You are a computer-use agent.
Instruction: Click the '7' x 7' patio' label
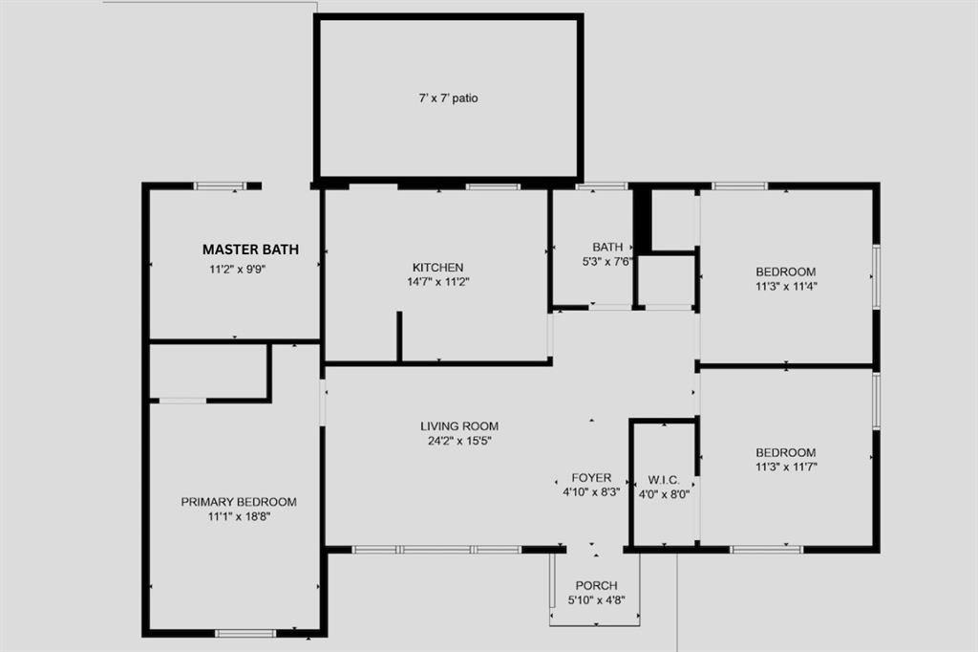point(448,98)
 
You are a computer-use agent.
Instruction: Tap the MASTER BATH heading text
point(250,250)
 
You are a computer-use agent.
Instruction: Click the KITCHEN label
point(437,268)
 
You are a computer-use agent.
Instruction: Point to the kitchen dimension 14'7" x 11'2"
point(437,282)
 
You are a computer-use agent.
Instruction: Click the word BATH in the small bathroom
point(607,247)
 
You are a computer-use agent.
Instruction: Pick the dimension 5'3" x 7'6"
point(607,261)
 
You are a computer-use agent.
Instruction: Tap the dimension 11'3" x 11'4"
point(786,285)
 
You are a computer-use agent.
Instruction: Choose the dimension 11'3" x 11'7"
point(786,467)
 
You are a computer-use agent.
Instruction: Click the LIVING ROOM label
point(459,426)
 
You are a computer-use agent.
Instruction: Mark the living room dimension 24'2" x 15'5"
point(459,441)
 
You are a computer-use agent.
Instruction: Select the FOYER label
point(591,478)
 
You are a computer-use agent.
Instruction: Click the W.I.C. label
point(663,479)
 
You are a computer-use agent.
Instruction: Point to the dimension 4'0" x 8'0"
point(663,494)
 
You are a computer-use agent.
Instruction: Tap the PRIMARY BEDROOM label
point(239,502)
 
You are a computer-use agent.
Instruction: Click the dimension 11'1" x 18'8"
point(239,516)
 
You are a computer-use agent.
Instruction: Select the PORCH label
point(596,585)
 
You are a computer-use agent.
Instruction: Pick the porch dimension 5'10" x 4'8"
point(596,600)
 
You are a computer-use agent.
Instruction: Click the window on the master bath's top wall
point(221,185)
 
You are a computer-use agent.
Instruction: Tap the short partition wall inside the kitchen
point(399,336)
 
